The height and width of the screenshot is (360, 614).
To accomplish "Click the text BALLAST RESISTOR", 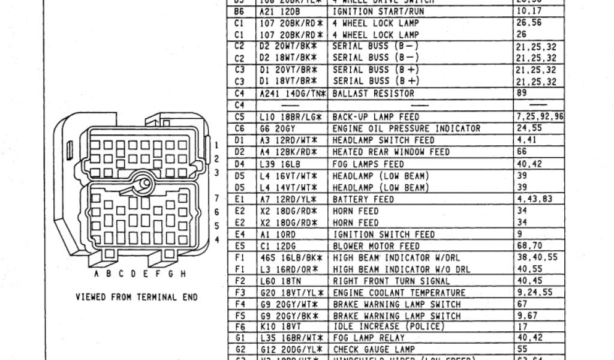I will tap(372, 93).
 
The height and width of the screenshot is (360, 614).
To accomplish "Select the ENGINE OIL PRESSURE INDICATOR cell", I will tap(406, 128).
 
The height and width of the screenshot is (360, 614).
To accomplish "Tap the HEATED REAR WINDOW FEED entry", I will tap(390, 152).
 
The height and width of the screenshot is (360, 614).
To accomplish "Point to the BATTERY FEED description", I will tap(363, 199).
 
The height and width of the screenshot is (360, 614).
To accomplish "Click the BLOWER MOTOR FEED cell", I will tap(376, 246).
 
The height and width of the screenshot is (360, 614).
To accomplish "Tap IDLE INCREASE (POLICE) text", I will tap(388, 326).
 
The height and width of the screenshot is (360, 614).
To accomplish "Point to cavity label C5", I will tap(240, 116).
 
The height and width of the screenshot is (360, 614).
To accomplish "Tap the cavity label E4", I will tap(240, 234).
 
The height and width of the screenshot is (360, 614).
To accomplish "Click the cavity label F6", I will tap(240, 326).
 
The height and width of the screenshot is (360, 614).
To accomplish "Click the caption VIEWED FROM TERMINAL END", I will tap(137, 297).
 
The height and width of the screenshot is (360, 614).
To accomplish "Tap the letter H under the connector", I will tap(182, 274).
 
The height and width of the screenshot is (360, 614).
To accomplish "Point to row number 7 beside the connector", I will tap(217, 199).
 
